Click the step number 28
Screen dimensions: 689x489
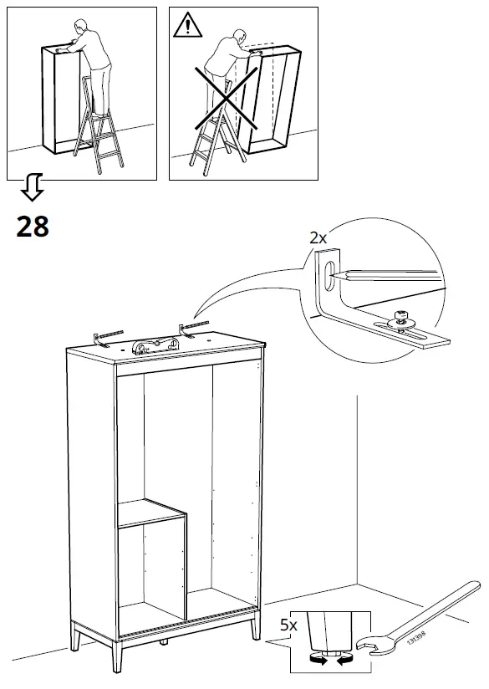pos(32,226)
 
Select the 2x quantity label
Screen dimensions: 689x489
pos(318,237)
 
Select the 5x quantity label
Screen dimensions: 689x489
pos(288,624)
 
